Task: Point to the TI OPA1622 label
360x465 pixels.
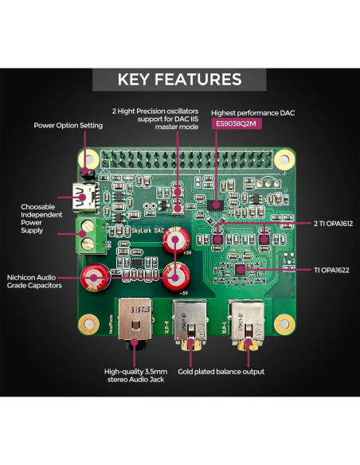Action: pos(327,271)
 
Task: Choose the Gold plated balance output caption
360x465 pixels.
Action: pos(221,371)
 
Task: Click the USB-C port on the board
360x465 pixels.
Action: pos(84,193)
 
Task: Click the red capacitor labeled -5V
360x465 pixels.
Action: pos(174,277)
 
